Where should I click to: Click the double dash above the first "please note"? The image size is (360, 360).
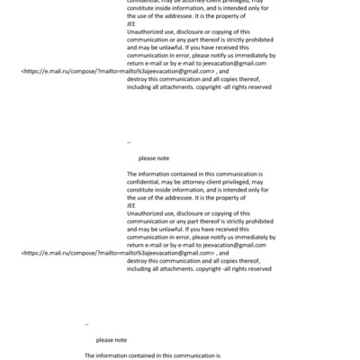point(130,142)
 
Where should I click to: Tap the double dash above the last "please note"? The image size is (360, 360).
point(87,324)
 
